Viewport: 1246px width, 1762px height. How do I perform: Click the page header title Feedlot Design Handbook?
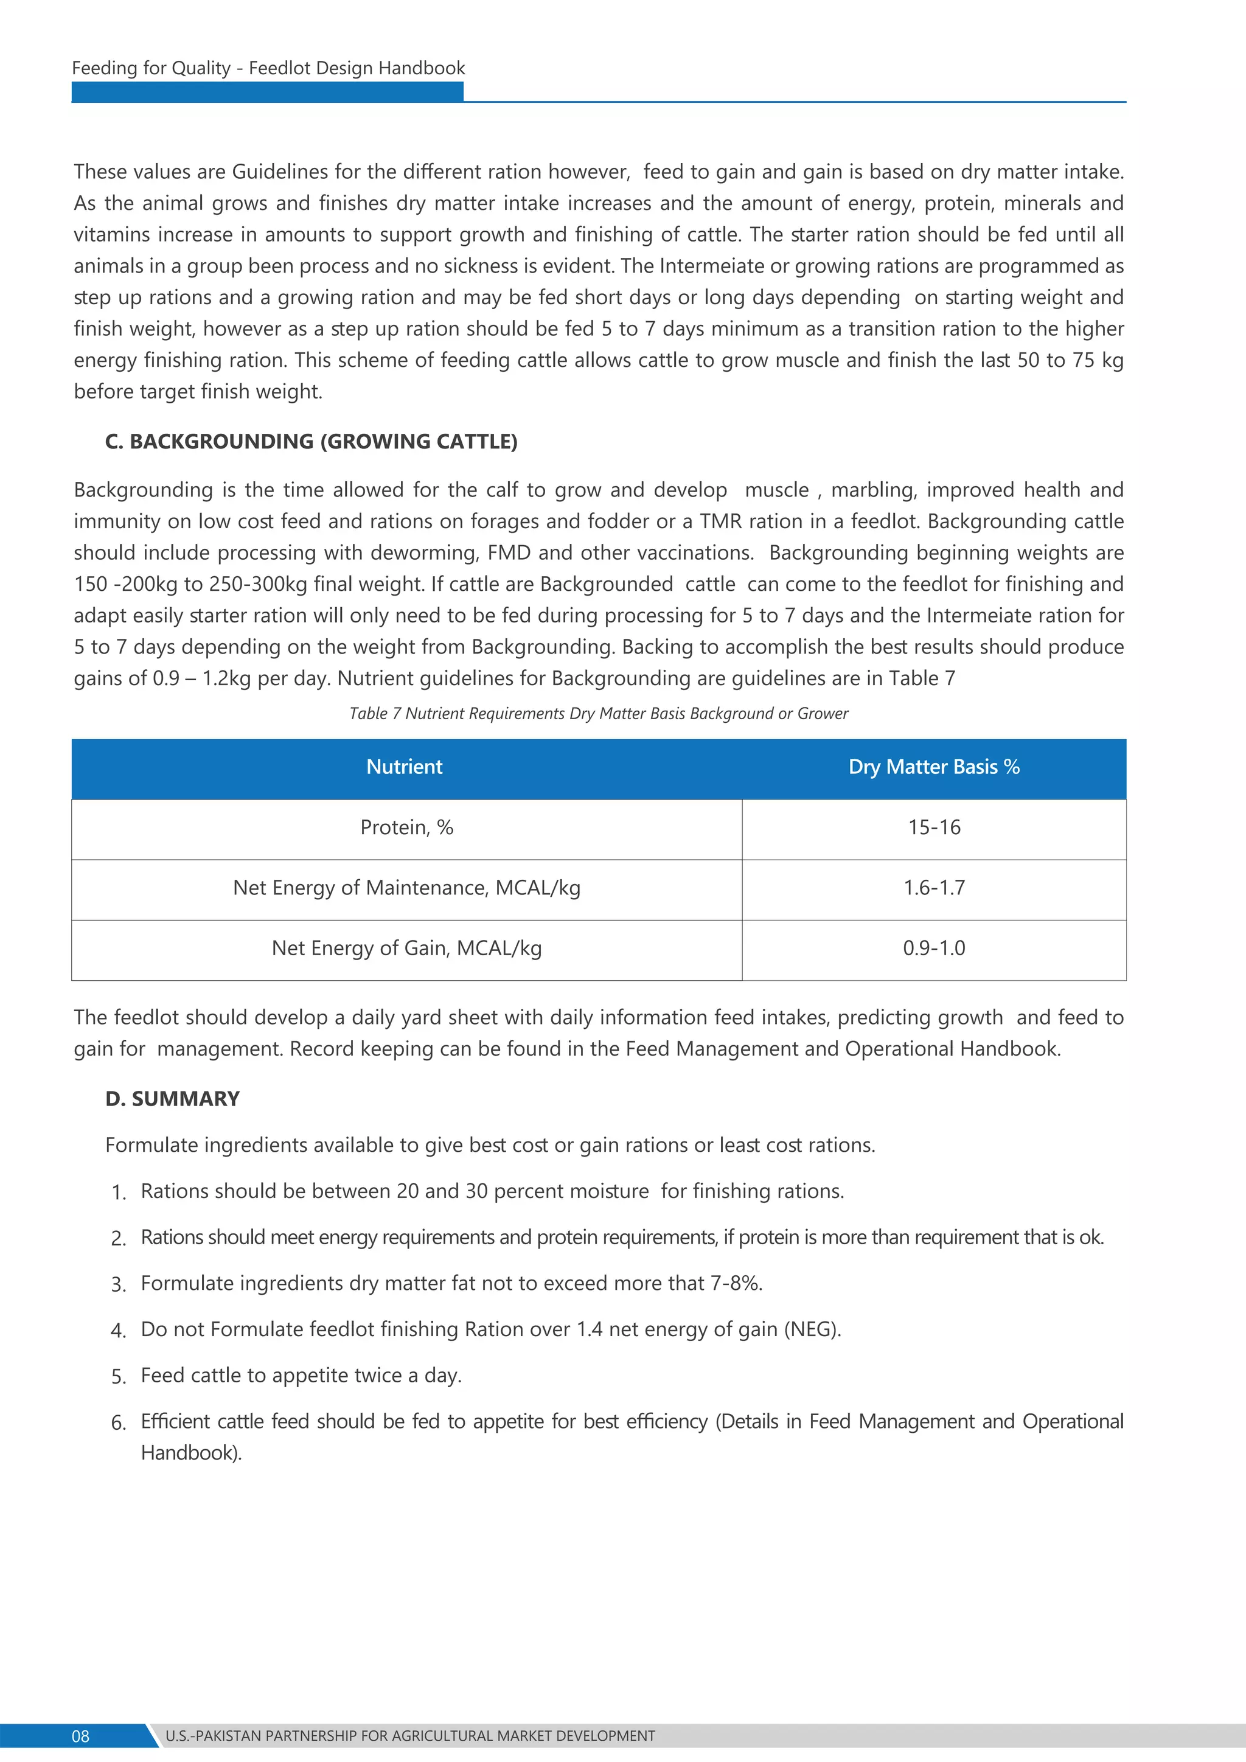(x=268, y=68)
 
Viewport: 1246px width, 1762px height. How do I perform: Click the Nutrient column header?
(x=405, y=767)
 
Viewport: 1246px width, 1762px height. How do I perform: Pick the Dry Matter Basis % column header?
(x=934, y=767)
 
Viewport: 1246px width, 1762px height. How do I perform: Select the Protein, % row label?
(x=406, y=827)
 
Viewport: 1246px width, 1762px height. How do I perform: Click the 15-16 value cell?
(x=934, y=827)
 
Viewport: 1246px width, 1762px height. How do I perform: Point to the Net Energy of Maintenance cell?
(x=406, y=888)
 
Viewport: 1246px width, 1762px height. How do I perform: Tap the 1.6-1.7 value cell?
(x=934, y=888)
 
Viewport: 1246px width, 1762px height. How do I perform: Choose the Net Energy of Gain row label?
(x=406, y=949)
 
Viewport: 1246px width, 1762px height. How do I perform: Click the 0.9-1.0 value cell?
(x=934, y=949)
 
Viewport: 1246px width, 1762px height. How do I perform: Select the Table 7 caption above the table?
(x=599, y=714)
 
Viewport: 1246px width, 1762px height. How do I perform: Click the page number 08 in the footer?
(x=80, y=1736)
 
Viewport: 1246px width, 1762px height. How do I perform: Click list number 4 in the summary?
(x=117, y=1331)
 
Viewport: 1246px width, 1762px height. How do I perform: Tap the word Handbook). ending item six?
(x=191, y=1453)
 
